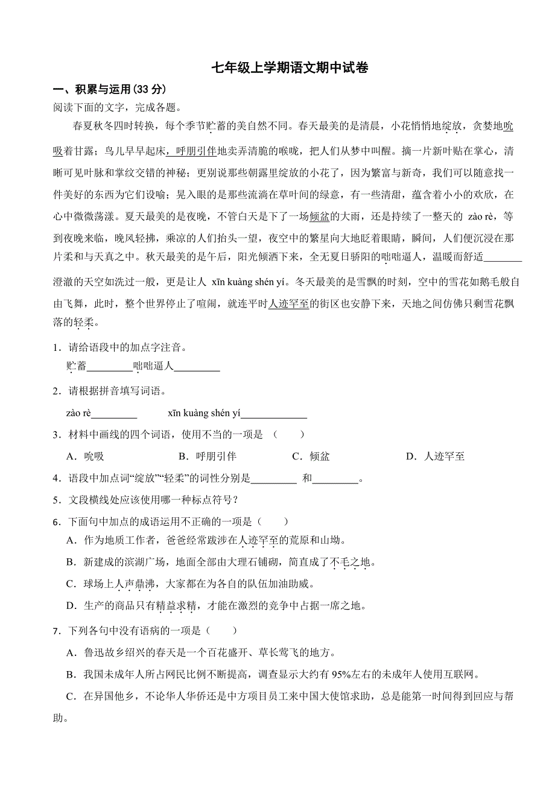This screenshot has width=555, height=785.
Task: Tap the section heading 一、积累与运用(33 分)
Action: tap(109, 90)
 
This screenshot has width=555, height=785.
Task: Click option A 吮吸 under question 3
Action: tap(86, 456)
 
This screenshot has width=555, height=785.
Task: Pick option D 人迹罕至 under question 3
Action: tap(436, 456)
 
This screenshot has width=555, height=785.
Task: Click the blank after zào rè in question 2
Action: tap(115, 413)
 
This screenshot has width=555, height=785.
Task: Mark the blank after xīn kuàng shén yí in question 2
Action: tap(274, 413)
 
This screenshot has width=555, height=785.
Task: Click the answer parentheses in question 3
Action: tap(285, 434)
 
